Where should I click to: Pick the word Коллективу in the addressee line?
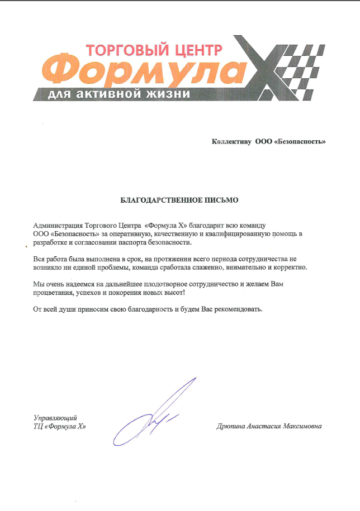click(231, 142)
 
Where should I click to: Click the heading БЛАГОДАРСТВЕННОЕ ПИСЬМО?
click(179, 199)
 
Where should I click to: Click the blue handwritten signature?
click(154, 413)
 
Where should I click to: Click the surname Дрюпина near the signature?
click(231, 427)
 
